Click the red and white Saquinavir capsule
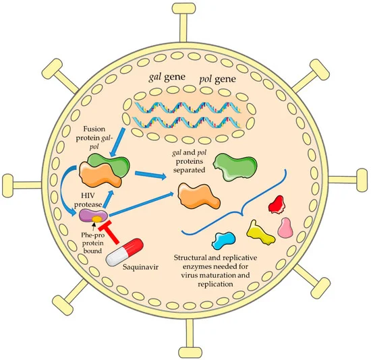click(125, 252)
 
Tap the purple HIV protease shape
click(94, 216)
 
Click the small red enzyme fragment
click(277, 204)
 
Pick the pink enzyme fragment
click(285, 228)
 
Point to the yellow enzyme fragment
click(260, 233)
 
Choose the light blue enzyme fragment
click(223, 241)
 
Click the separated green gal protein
click(235, 167)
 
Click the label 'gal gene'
click(167, 77)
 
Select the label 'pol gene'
click(217, 79)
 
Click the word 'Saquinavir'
click(140, 267)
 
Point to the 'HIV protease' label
click(88, 200)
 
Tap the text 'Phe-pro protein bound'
click(92, 243)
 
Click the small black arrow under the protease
click(94, 227)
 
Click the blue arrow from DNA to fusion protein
click(117, 142)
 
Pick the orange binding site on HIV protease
click(97, 219)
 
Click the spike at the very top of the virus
click(183, 23)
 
